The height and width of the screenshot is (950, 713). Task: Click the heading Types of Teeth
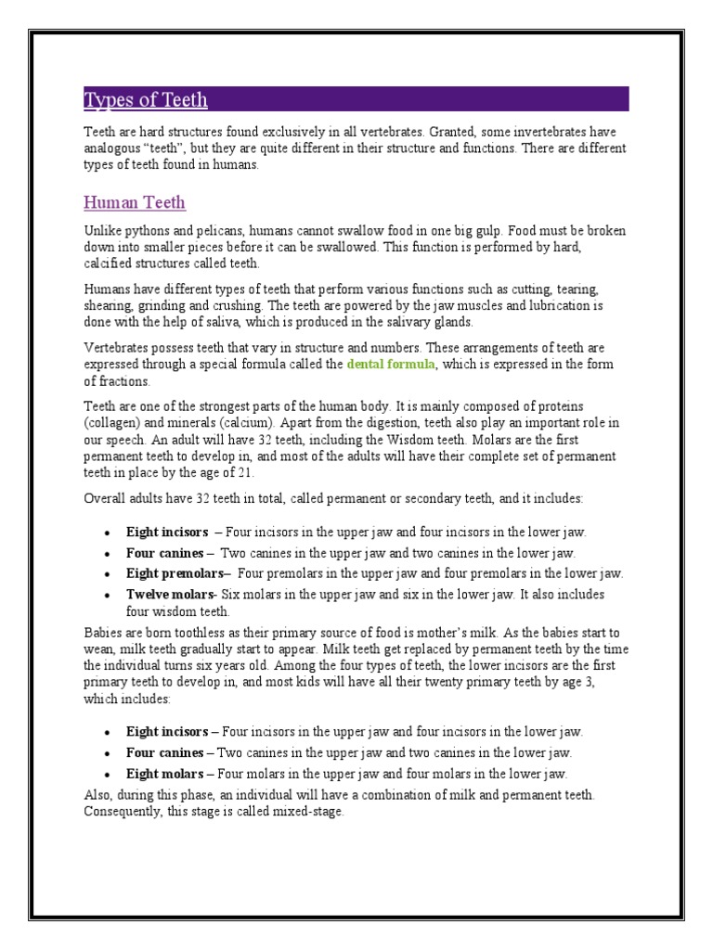pos(146,100)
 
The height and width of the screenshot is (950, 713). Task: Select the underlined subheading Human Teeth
pos(135,202)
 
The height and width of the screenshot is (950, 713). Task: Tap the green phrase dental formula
pos(390,365)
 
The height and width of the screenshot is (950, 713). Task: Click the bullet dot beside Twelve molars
pos(108,595)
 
